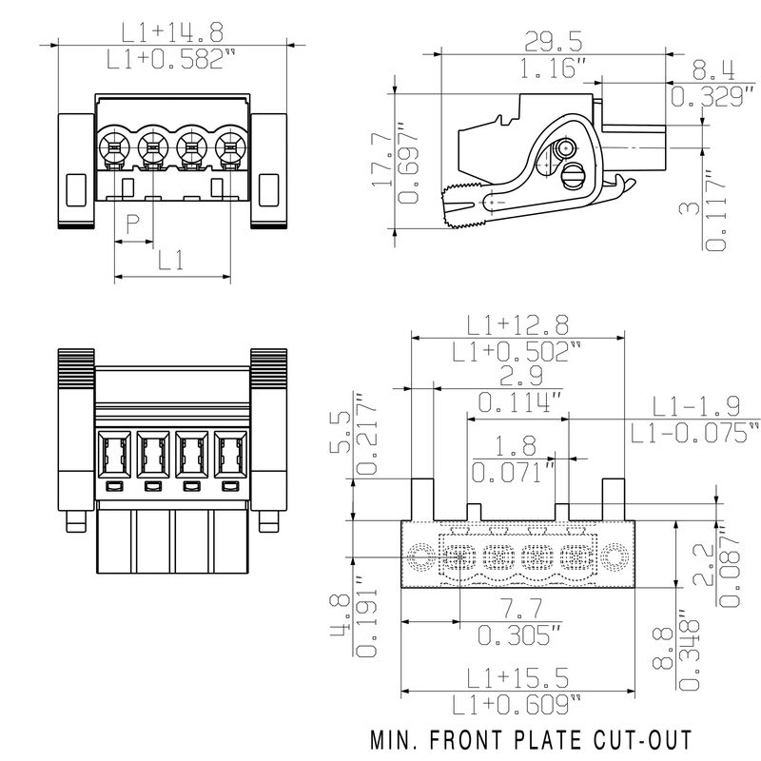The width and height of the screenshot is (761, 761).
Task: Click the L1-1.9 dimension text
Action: click(695, 406)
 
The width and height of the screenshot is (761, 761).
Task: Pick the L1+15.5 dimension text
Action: click(517, 676)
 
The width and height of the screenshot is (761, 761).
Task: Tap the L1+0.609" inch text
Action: click(517, 705)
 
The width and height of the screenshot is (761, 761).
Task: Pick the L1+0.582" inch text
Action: click(171, 60)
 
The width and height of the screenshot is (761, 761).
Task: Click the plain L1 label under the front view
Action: click(171, 260)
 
